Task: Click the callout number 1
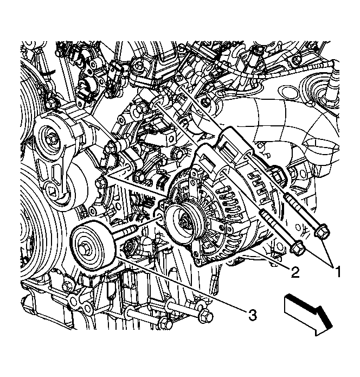point(337,271)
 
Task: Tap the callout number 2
point(295,272)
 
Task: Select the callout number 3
point(253,315)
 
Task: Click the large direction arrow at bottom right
point(308,314)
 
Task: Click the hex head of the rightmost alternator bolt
point(322,232)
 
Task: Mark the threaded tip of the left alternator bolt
point(262,213)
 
